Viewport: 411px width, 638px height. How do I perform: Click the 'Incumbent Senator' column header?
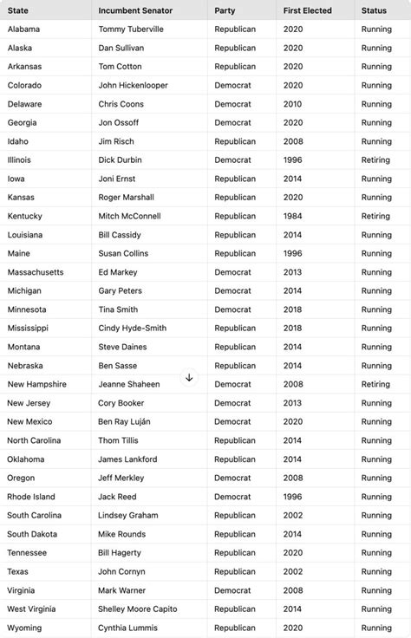135,10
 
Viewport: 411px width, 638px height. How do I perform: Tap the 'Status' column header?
375,10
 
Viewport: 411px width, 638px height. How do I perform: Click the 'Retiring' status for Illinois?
375,160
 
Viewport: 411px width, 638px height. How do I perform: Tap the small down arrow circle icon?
189,378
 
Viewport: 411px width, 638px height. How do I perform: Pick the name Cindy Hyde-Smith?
133,329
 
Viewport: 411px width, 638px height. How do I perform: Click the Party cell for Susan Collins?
235,253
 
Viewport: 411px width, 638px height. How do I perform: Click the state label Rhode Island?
31,497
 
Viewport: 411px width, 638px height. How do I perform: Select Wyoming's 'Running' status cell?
376,628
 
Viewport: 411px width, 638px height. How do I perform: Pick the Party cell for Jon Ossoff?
233,123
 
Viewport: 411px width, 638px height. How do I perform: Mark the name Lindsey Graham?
128,515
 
